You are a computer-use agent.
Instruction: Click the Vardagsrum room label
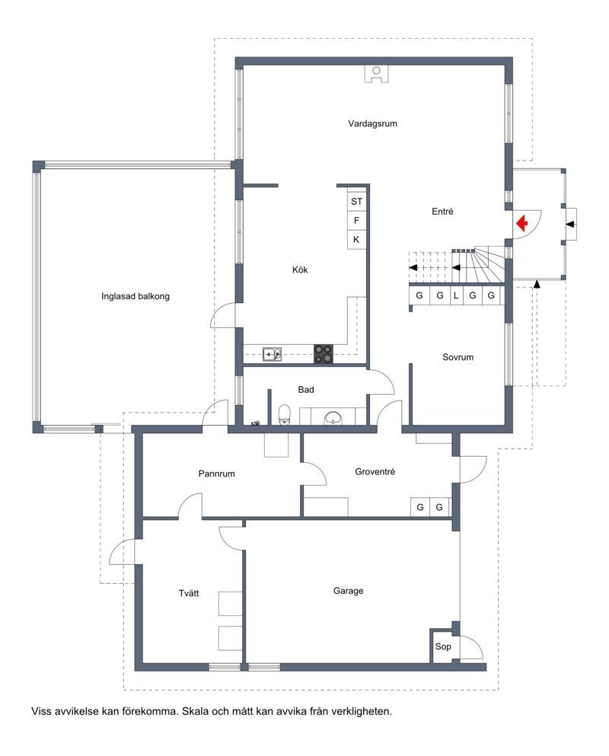click(372, 123)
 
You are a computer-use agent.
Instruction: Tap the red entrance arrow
click(521, 224)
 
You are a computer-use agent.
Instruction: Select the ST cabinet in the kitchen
click(357, 202)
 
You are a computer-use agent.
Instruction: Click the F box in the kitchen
click(357, 221)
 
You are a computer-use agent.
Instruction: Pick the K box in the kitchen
click(357, 240)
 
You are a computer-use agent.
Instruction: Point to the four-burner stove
click(323, 353)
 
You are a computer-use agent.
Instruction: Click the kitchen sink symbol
click(272, 354)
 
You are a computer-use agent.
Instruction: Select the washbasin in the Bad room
click(333, 417)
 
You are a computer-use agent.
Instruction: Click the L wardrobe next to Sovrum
click(456, 295)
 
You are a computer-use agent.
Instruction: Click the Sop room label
click(443, 646)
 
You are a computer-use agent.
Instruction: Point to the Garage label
click(348, 591)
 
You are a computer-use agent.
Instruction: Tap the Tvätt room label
click(189, 593)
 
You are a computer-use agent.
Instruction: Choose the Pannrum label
click(216, 474)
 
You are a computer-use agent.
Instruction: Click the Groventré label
click(375, 471)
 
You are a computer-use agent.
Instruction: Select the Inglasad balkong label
click(136, 296)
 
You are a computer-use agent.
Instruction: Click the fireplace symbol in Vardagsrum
click(377, 74)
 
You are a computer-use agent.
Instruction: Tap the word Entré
click(442, 211)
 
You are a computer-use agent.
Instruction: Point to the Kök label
click(300, 270)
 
